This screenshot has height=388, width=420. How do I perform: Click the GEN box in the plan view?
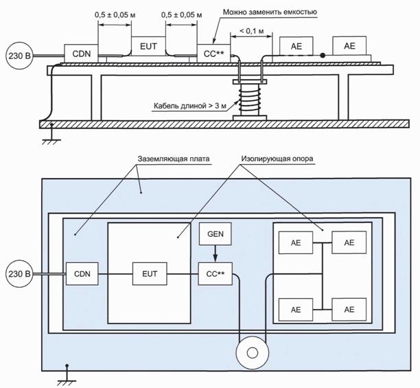click(215, 234)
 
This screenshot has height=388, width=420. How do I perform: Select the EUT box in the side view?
click(148, 46)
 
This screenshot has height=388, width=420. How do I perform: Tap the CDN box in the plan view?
click(82, 273)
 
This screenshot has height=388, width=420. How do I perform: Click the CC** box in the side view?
click(213, 54)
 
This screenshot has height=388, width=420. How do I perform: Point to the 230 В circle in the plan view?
click(19, 274)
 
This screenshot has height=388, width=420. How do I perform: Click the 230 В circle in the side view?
click(19, 56)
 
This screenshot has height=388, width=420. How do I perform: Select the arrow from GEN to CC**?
click(215, 254)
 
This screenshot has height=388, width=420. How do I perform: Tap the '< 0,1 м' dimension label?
click(251, 31)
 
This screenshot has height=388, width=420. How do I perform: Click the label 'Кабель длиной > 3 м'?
click(190, 106)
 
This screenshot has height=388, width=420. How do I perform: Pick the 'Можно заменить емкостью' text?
click(270, 12)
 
